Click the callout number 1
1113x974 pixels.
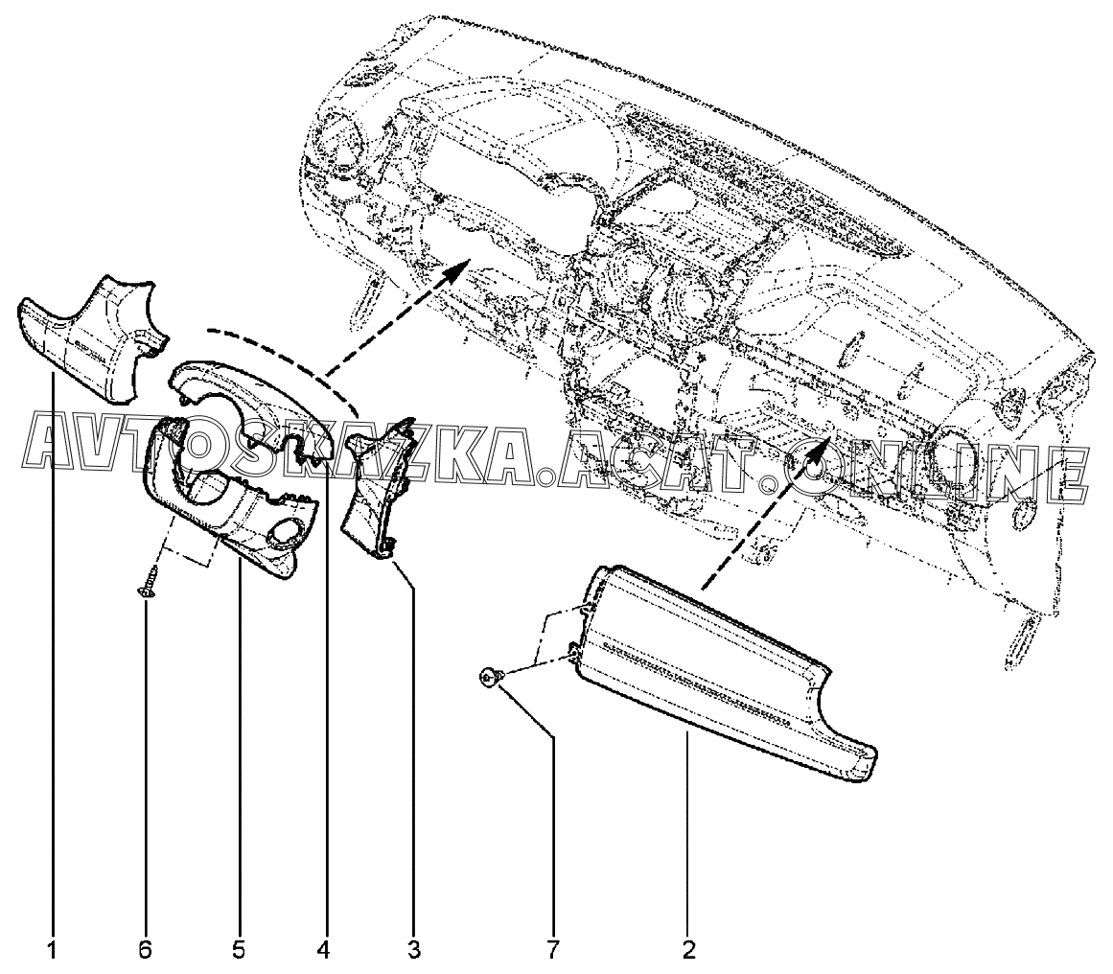(x=53, y=948)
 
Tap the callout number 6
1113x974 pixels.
(x=146, y=948)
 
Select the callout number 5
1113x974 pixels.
(x=239, y=948)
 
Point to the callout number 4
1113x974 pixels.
(x=323, y=948)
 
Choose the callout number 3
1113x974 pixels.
(x=414, y=948)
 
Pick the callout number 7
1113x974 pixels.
(x=553, y=948)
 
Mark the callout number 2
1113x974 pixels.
(x=687, y=948)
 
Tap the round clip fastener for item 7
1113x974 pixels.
(x=490, y=680)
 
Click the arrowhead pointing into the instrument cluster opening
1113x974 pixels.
(x=457, y=268)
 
